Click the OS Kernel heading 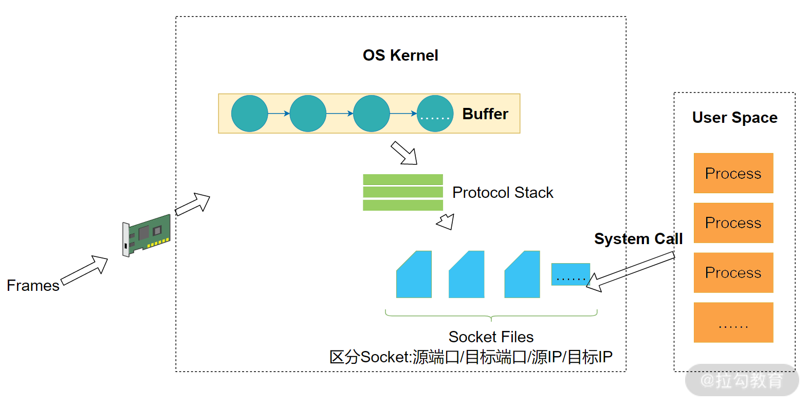click(400, 55)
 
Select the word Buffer click(485, 114)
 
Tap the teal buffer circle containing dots click(435, 114)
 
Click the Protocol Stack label click(502, 193)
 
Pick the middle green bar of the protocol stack click(403, 192)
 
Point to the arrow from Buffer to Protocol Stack click(404, 153)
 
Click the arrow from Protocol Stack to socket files click(446, 221)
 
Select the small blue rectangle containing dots click(570, 274)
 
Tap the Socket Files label click(491, 337)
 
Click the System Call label click(638, 239)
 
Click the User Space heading click(734, 118)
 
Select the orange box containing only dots click(733, 323)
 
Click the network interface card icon click(146, 235)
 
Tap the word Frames click(33, 286)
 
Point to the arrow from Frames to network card click(85, 270)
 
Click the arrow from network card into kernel click(193, 204)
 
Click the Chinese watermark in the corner click(742, 381)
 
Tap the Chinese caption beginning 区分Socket click(471, 357)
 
